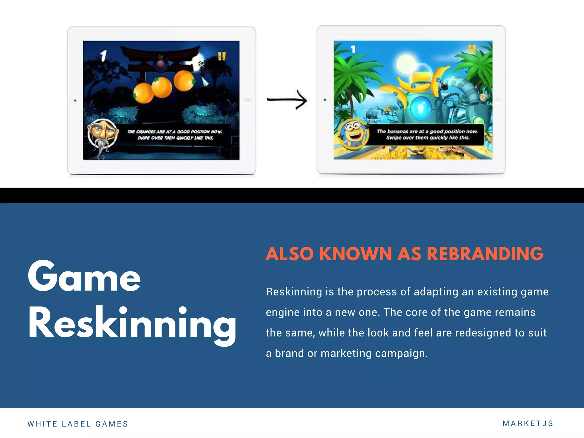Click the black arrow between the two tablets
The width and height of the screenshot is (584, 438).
[287, 100]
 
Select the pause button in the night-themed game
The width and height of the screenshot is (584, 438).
[222, 56]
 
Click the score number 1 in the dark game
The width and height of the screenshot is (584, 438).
[103, 56]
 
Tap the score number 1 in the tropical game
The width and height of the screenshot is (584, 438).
[353, 49]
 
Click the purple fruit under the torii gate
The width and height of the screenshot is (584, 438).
[161, 64]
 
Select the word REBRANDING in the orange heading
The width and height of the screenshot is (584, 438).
[485, 254]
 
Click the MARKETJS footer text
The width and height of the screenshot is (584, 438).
[528, 423]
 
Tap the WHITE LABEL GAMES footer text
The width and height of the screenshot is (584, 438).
[78, 424]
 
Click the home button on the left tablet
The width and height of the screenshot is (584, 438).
[248, 100]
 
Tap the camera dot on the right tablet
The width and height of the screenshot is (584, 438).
[325, 100]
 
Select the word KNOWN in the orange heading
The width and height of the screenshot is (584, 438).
[355, 254]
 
